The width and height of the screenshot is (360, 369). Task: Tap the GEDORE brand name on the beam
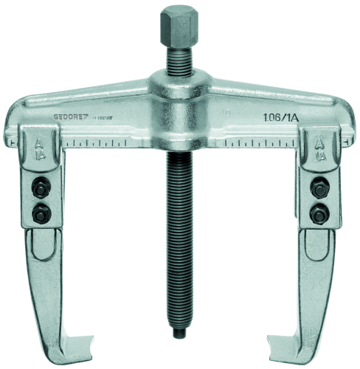point(72,115)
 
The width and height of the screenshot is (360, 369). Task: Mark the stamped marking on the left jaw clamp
point(39,151)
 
